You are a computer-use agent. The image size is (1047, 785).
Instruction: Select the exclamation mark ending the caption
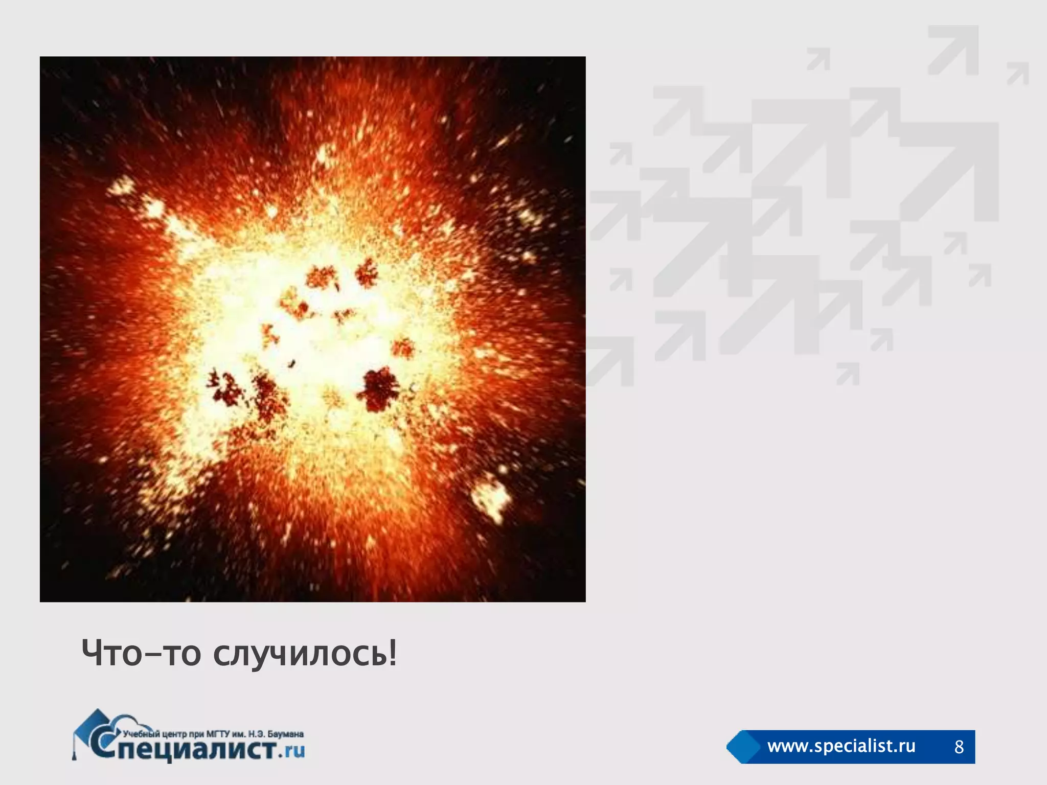point(392,653)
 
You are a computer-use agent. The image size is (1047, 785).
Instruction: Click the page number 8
point(959,747)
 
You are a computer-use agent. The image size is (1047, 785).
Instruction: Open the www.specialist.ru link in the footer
point(841,746)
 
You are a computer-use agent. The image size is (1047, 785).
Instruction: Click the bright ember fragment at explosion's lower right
point(491,498)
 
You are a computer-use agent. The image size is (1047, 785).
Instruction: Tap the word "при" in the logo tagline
point(197,734)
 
